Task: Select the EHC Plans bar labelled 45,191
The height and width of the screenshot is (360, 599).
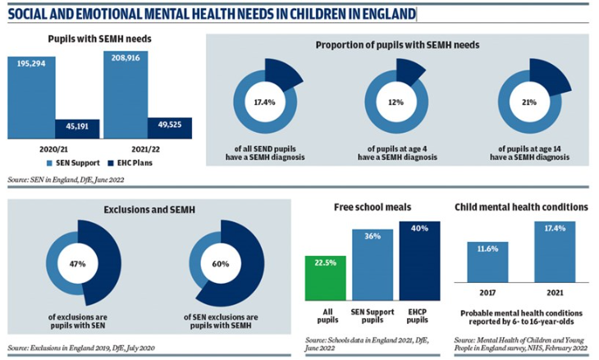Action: point(77,127)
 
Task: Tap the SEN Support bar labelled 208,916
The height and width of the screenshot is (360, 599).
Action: point(126,94)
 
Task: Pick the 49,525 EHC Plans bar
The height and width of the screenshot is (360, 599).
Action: point(169,127)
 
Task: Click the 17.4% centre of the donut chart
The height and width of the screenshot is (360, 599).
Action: point(263,103)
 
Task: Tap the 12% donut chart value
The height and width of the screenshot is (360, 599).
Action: point(396,103)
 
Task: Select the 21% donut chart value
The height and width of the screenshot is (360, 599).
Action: point(529,103)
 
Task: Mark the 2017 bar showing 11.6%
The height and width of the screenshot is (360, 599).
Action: point(487,262)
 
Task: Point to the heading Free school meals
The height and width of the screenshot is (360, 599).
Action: point(373,207)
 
